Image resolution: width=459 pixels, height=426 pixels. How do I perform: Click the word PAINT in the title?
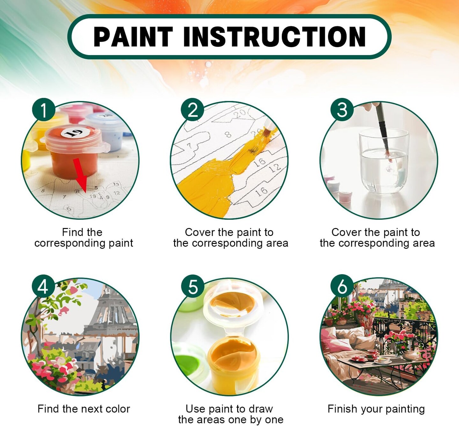[x=133, y=37]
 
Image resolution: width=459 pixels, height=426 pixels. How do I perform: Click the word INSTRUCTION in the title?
[x=274, y=37]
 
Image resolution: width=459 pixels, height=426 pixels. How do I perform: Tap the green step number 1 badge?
[x=44, y=110]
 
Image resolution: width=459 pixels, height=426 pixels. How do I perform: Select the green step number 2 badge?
[x=193, y=110]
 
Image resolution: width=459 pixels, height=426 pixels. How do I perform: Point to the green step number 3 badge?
[x=342, y=110]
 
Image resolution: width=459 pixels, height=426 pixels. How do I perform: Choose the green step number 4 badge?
[x=44, y=287]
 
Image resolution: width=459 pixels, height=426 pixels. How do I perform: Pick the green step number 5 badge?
[x=193, y=287]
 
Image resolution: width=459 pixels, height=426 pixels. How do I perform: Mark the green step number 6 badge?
[x=342, y=287]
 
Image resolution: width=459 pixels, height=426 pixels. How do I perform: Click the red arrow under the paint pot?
[x=80, y=176]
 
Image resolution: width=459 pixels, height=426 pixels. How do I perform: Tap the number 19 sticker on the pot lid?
[x=75, y=133]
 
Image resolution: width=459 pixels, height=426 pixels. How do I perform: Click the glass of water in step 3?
[x=383, y=162]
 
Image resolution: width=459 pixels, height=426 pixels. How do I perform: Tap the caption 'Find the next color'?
[x=84, y=409]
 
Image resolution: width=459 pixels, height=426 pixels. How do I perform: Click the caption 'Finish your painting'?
[x=376, y=409]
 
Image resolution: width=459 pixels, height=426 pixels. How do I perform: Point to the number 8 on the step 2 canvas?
[x=228, y=134]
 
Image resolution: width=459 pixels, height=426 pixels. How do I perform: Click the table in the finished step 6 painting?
[x=379, y=365]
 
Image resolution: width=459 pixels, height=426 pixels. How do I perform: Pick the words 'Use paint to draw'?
[x=229, y=409]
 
